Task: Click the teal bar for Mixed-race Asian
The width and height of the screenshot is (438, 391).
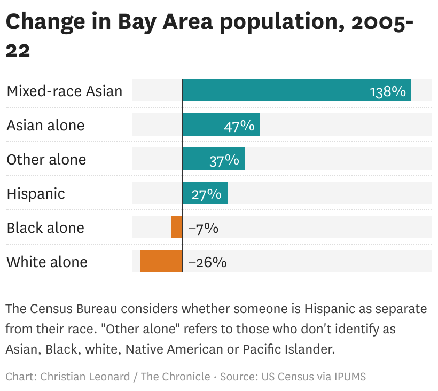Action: tap(296, 90)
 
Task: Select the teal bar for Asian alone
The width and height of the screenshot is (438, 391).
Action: tap(221, 124)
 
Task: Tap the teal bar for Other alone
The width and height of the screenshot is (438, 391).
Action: tap(213, 159)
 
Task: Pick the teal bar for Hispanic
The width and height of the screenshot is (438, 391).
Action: tap(205, 193)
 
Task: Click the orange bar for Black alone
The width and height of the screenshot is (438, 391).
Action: tap(176, 227)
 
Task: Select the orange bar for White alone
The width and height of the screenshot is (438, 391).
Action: tap(161, 261)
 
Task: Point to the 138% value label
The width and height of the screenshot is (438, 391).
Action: tap(388, 91)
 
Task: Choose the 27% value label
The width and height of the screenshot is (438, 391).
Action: tap(207, 194)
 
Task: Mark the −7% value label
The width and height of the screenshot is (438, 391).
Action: tap(203, 228)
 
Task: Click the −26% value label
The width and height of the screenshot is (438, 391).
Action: tap(207, 262)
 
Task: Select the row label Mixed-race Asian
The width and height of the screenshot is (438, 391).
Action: tap(65, 91)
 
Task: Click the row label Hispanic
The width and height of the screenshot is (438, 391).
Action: tap(36, 193)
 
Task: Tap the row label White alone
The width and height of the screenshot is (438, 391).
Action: tap(47, 262)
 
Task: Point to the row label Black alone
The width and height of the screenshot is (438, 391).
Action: tap(45, 228)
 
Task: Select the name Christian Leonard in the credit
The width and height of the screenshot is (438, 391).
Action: tap(85, 377)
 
